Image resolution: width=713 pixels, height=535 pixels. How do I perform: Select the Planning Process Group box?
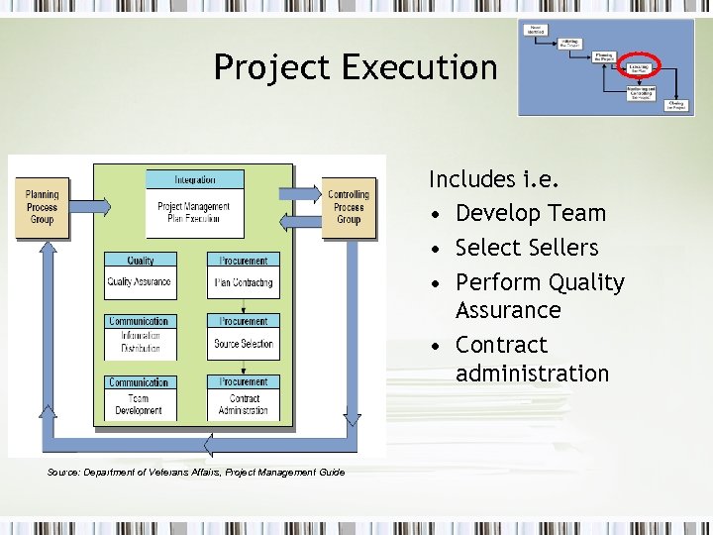point(42,207)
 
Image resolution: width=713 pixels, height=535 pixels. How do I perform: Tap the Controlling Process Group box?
point(348,207)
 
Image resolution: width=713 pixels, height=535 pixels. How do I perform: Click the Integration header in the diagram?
point(195,180)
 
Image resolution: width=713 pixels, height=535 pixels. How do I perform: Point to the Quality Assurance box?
point(140,282)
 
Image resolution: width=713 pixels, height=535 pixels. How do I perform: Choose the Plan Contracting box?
point(244,282)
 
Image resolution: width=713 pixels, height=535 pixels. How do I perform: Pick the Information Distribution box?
point(140,343)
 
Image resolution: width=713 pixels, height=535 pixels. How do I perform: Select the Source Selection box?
point(244,344)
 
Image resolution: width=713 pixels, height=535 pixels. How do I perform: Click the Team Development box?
point(140,404)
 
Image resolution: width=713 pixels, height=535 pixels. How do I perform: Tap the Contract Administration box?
point(244,404)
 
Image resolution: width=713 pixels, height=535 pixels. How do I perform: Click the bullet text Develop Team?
point(530,213)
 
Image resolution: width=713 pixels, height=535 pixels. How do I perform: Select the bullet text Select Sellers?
point(527,248)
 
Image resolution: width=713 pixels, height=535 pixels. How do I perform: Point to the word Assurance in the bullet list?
point(508,310)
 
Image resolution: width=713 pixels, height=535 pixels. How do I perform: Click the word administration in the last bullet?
point(532,374)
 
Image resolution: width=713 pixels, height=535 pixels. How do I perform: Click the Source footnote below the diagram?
point(196,472)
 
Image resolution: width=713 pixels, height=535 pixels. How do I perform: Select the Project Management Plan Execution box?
point(195,211)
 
